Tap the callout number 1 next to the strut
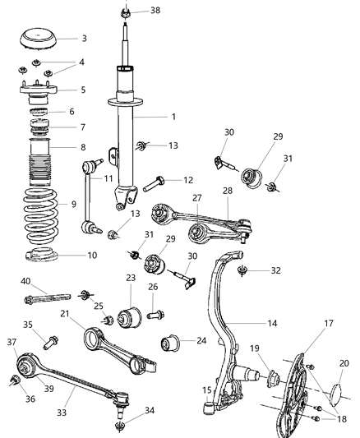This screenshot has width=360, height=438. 173,118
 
